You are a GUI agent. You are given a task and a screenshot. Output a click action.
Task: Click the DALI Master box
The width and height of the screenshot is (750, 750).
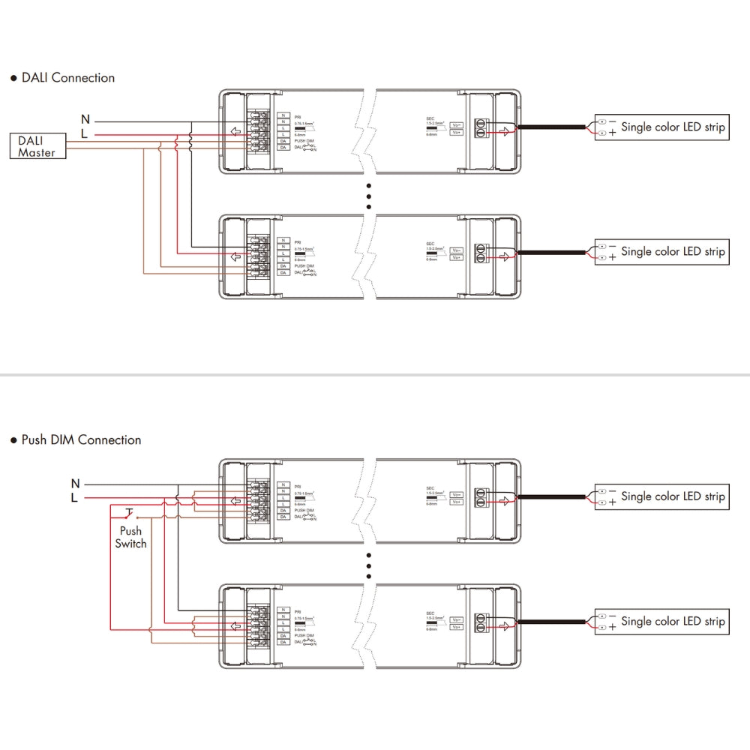[x=37, y=146]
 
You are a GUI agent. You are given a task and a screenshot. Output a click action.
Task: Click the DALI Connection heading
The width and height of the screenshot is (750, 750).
[x=63, y=77]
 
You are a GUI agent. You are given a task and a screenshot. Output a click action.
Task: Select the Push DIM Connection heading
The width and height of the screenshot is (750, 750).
[x=76, y=439]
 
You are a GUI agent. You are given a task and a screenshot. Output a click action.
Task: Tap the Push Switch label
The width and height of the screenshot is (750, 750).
[x=130, y=537]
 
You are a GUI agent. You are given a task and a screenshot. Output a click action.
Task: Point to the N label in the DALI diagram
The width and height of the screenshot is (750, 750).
[x=85, y=118]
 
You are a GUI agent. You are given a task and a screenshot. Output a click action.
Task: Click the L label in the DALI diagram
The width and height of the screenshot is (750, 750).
[x=85, y=133]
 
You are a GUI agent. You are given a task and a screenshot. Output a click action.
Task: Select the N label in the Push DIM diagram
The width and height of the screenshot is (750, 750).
[x=74, y=483]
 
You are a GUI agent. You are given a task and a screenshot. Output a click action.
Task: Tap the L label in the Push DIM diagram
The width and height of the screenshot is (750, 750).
[x=74, y=497]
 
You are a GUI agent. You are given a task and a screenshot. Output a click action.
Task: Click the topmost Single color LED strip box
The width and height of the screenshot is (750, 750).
[x=661, y=127]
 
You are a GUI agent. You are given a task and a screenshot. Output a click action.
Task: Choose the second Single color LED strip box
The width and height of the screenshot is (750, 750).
[x=661, y=252]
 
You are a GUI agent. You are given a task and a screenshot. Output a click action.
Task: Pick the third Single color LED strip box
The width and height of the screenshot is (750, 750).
[x=661, y=496]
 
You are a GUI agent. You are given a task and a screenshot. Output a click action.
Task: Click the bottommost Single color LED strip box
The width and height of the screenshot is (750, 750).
[x=661, y=622]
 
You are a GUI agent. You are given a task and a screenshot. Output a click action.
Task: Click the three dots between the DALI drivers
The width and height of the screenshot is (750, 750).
[x=369, y=195]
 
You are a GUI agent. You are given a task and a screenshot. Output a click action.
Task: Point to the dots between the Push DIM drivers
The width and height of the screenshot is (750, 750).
[x=369, y=565]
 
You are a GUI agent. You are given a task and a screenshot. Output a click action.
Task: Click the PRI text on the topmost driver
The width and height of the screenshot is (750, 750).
[x=298, y=118]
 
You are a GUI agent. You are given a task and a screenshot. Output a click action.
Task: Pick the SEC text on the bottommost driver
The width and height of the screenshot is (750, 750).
[x=430, y=613]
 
